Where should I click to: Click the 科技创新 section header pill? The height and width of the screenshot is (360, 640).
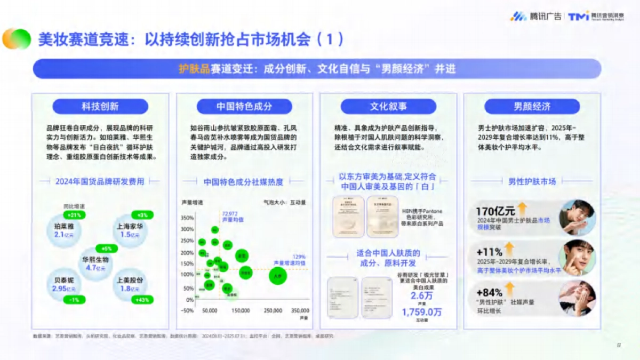click(x=100, y=106)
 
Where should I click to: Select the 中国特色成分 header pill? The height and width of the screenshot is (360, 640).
click(x=244, y=106)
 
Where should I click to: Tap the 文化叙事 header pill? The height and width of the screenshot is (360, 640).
click(x=388, y=106)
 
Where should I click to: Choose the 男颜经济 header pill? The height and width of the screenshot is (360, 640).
click(x=532, y=106)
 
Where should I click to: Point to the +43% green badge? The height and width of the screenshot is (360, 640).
click(x=142, y=300)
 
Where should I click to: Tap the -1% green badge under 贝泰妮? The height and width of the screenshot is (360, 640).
click(x=74, y=300)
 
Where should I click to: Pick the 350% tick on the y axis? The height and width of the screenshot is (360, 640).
click(x=187, y=218)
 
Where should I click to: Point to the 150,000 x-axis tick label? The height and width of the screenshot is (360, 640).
click(x=241, y=310)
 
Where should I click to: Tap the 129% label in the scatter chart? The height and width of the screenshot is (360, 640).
click(x=299, y=257)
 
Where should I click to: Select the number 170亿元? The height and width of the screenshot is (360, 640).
click(x=495, y=211)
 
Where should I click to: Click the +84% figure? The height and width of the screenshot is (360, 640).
click(x=489, y=292)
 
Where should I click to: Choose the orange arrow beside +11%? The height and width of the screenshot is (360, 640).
click(x=510, y=249)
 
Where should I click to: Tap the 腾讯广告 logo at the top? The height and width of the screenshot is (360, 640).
click(x=535, y=16)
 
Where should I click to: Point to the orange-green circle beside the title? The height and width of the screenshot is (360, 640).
click(x=17, y=39)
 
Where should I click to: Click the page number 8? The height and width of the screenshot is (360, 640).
click(x=619, y=345)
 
